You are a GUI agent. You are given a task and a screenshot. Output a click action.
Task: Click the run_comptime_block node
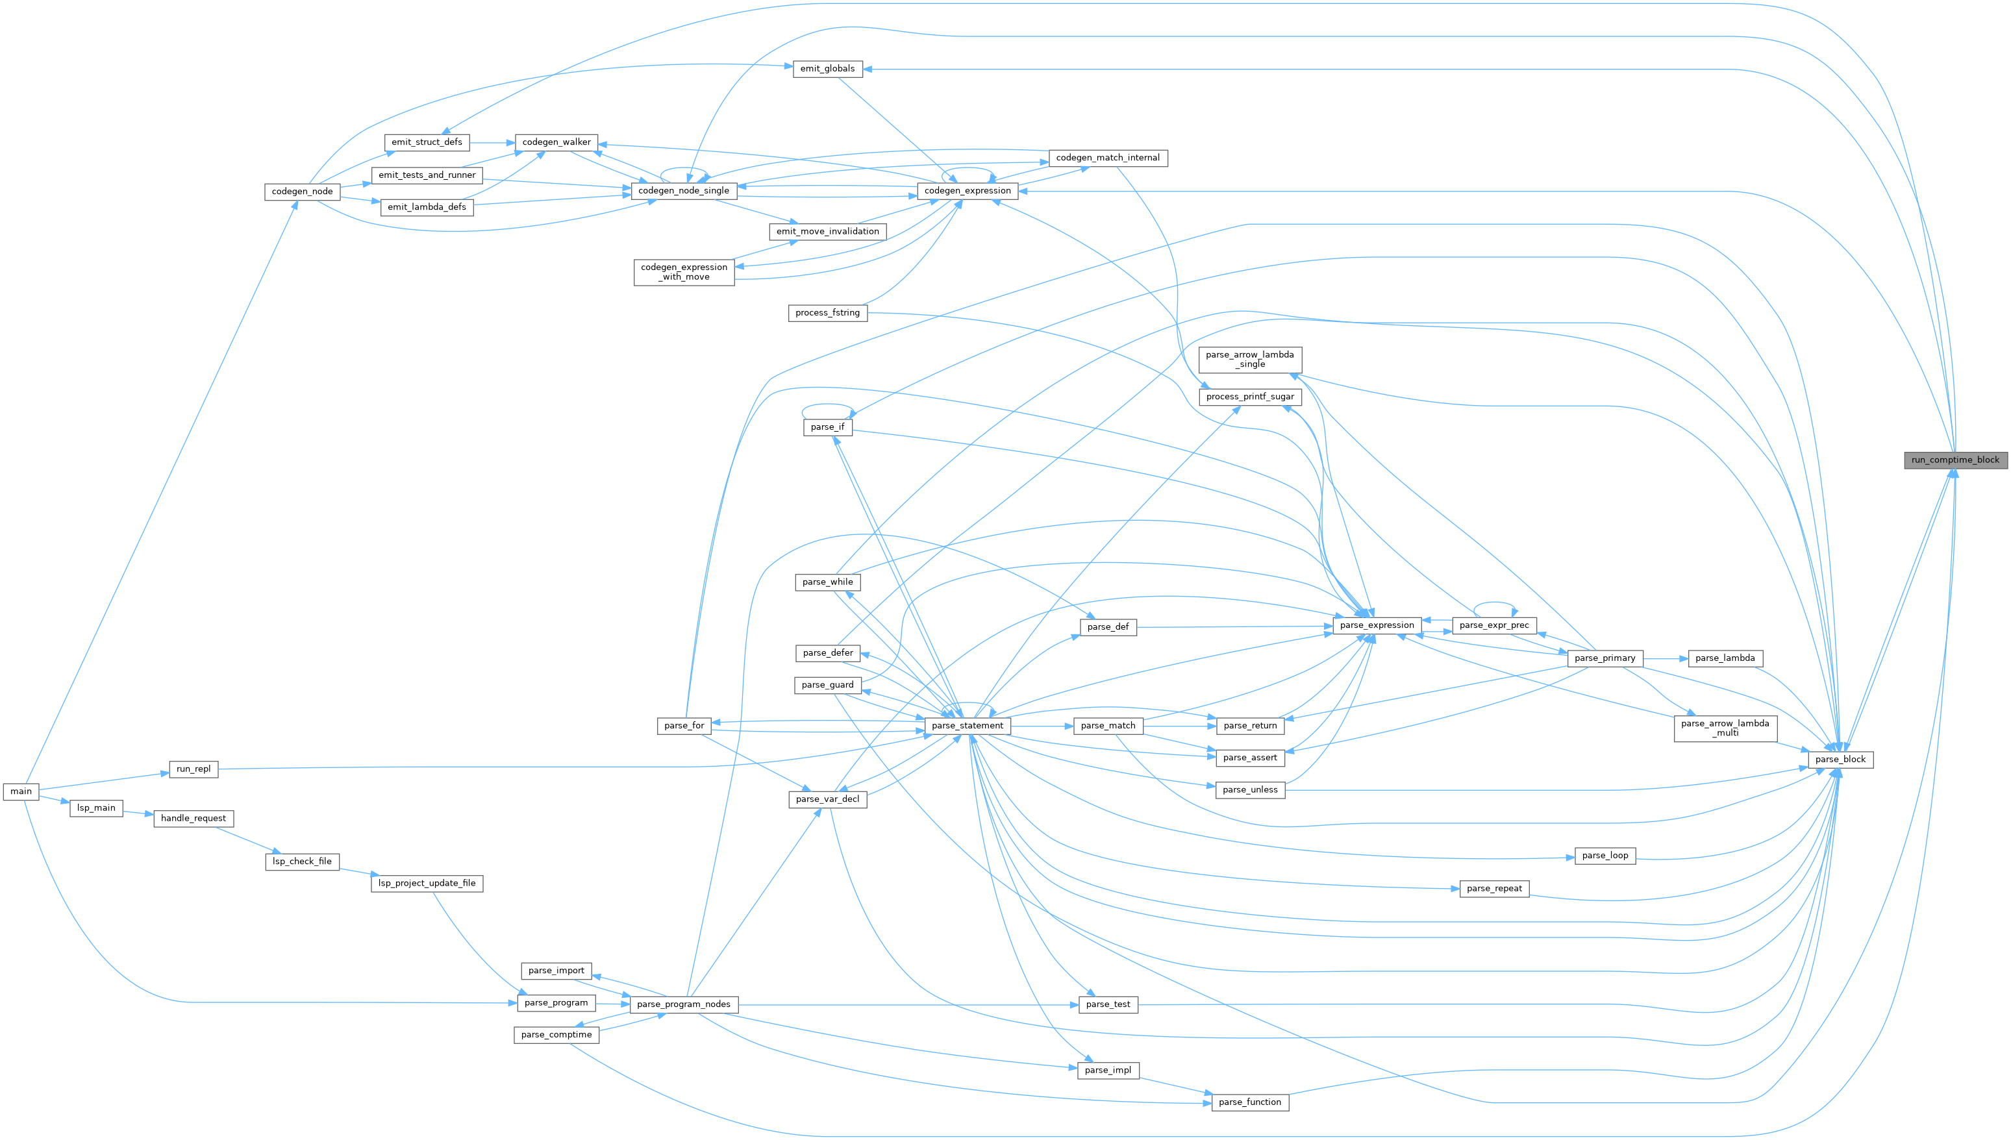pos(1955,460)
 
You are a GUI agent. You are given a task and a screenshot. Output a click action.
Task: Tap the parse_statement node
pos(967,726)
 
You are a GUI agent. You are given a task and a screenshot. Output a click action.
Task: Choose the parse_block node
pos(1840,760)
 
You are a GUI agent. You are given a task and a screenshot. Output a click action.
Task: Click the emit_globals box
pos(827,69)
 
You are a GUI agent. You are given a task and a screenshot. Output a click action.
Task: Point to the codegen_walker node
pos(556,143)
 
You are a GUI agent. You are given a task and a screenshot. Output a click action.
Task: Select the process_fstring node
pos(827,313)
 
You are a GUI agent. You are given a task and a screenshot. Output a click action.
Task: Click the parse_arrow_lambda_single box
pos(1250,360)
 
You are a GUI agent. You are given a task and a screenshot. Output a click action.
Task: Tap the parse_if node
pos(827,427)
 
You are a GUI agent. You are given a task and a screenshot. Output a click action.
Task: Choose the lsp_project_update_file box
pos(427,883)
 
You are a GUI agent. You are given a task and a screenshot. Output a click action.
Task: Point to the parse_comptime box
pos(556,1035)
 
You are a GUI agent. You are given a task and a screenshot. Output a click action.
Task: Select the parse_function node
pos(1250,1102)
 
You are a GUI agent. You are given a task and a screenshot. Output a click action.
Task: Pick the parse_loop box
pos(1605,856)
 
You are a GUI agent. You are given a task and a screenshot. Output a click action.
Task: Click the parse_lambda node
pos(1725,658)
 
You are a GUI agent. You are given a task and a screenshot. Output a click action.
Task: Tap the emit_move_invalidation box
pos(827,232)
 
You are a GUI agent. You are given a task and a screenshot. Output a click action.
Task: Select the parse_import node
pos(556,971)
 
